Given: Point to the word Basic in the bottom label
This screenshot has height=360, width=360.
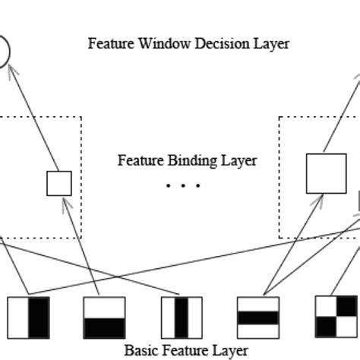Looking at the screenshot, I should pos(140,351).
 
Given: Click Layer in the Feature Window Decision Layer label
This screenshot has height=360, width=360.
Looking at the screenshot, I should pos(272,44).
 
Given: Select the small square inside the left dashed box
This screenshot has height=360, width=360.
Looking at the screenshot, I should pos(59,183).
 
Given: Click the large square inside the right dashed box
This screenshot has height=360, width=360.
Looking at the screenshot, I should pos(326,173).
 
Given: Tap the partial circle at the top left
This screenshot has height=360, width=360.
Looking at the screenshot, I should pos(3,52).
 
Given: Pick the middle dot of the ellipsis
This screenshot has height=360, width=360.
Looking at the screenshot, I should pos(182,185).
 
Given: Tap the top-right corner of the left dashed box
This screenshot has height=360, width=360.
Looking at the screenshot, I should pos(81,117).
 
